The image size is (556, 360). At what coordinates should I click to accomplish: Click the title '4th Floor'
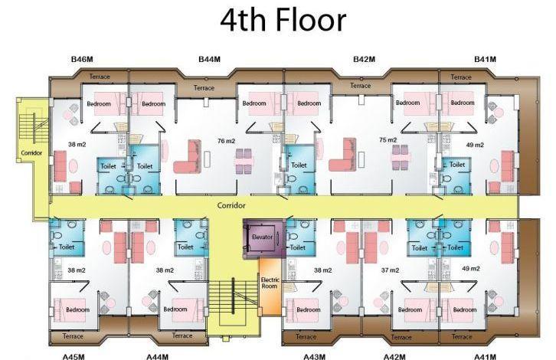click(283, 20)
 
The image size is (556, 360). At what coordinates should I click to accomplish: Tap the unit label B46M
click(82, 59)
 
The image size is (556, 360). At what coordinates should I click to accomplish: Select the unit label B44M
click(209, 59)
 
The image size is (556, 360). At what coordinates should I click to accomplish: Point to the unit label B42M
click(365, 59)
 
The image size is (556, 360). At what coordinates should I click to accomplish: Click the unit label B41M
click(485, 59)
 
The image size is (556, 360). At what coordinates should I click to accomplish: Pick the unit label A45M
click(74, 356)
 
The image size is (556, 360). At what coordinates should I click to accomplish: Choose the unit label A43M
click(314, 356)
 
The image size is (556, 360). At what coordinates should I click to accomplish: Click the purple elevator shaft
click(264, 238)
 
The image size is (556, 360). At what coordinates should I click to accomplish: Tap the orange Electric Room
click(270, 286)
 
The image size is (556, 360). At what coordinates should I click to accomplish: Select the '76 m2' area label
click(226, 141)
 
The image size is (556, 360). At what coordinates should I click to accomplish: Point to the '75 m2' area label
click(388, 140)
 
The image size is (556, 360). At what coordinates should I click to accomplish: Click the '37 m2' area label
click(390, 270)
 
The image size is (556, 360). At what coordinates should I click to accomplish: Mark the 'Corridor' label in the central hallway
click(231, 205)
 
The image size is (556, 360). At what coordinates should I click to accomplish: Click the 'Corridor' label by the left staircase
click(31, 153)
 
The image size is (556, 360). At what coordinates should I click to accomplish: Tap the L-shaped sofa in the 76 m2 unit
click(187, 156)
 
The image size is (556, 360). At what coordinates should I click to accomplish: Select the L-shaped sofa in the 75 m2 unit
click(342, 155)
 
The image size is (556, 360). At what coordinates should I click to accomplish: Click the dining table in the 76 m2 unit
click(244, 161)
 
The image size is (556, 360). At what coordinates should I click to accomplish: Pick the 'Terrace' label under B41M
click(461, 77)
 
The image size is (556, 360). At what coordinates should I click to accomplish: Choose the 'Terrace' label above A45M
click(73, 336)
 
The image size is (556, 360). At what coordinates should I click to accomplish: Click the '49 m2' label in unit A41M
click(471, 269)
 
